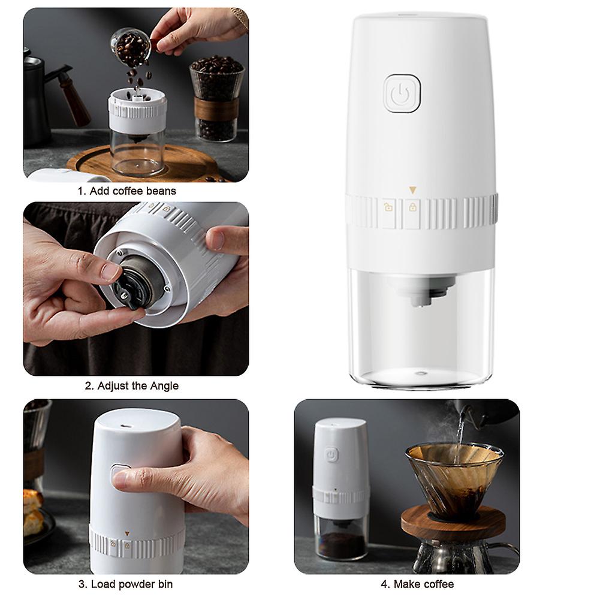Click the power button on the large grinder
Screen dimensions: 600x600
[401, 94]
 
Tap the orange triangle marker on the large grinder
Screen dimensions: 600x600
[412, 191]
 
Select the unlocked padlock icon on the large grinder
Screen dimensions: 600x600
[388, 208]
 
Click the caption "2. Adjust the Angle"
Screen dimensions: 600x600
[131, 385]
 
